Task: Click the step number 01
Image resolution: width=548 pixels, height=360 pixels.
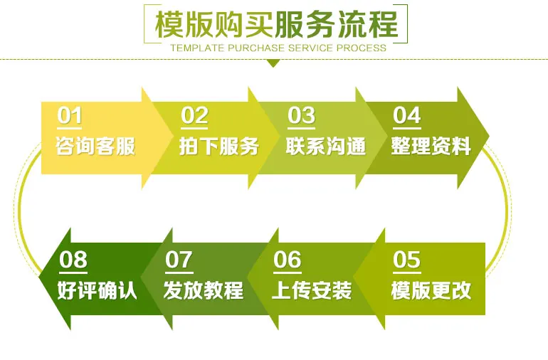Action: click(x=70, y=115)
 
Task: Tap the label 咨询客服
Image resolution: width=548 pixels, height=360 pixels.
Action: click(x=95, y=146)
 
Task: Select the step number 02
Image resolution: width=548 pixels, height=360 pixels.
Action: click(x=195, y=115)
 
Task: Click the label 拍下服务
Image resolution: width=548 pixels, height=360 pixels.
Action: click(x=219, y=146)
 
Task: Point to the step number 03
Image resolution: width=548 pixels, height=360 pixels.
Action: click(x=301, y=115)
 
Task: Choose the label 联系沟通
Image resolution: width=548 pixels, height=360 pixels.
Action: click(x=326, y=146)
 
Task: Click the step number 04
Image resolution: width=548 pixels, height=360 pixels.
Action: click(x=407, y=115)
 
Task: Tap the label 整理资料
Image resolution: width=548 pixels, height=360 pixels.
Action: click(x=431, y=146)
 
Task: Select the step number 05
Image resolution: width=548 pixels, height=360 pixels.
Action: click(x=407, y=260)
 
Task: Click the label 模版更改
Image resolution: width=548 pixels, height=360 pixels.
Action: click(x=431, y=290)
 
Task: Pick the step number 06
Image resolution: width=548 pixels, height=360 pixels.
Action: click(x=288, y=260)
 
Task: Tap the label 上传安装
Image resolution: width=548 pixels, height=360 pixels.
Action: click(x=312, y=290)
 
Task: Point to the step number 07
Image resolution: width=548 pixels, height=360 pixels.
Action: click(x=179, y=260)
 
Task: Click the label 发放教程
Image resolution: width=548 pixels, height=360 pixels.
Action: click(x=204, y=290)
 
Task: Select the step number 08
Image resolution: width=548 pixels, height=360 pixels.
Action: click(x=73, y=260)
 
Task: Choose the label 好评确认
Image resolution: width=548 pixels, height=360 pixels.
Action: click(x=97, y=290)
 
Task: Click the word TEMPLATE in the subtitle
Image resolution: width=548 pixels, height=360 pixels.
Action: click(x=197, y=48)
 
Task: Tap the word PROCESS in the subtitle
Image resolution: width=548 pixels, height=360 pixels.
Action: click(x=362, y=48)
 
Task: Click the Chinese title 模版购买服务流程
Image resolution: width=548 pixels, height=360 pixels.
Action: click(x=276, y=24)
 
